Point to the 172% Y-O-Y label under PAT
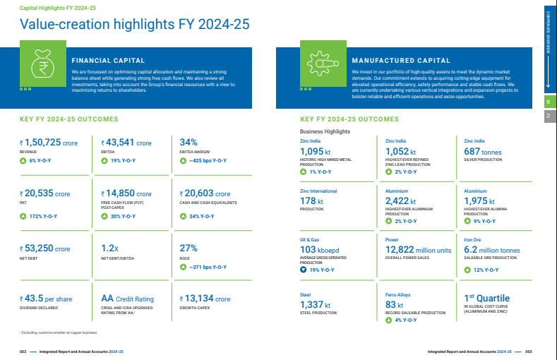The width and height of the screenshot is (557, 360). (x=44, y=215)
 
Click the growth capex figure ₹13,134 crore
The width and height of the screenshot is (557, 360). (x=205, y=299)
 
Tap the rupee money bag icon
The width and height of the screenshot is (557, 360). (x=43, y=66)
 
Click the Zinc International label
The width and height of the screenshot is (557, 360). (x=318, y=191)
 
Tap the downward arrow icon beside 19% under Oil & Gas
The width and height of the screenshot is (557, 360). (x=304, y=270)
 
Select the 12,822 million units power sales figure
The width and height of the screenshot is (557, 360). (x=418, y=250)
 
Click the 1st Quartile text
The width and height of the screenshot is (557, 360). (x=486, y=298)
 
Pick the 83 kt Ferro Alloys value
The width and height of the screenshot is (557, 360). (x=399, y=304)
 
